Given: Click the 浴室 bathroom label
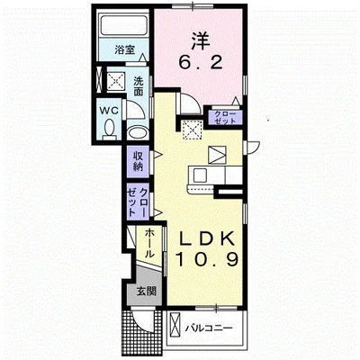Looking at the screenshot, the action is point(124,49).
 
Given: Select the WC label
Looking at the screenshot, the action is point(109,111).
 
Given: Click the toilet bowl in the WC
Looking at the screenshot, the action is point(109,129).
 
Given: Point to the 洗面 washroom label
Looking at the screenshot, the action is point(138,85).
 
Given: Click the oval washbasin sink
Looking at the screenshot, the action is point(137,133).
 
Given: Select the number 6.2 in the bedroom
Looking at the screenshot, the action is point(201,63).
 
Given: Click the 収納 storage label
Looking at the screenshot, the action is point(138,161).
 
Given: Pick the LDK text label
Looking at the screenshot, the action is point(207,239).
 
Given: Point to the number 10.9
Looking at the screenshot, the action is point(207,259).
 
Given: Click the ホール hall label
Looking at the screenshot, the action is point(149,244).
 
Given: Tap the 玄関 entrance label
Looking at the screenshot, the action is point(147,291).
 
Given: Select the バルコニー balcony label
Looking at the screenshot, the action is point(209,328).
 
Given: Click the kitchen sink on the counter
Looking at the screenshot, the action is point(199,175).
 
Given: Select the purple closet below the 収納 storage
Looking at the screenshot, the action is point(138,201).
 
